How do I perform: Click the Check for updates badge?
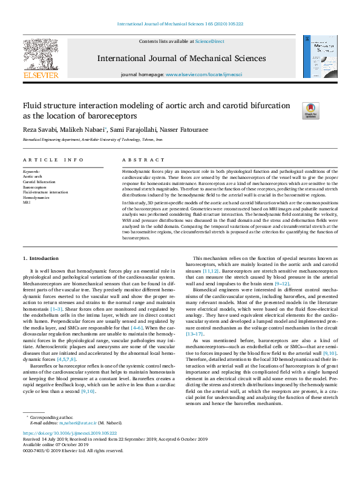(x=310, y=110)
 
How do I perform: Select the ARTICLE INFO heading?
(x=53, y=160)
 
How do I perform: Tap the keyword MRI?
(x=26, y=203)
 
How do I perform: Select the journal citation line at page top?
(x=180, y=24)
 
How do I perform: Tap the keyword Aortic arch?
(x=33, y=177)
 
